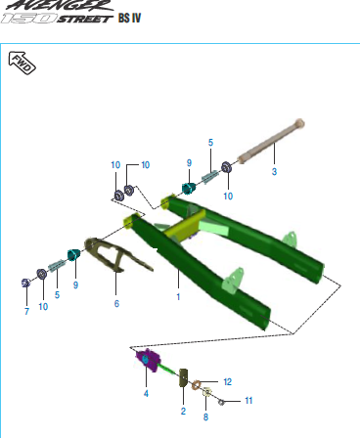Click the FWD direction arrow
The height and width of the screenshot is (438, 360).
[x=22, y=63]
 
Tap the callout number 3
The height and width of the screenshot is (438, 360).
[x=274, y=171]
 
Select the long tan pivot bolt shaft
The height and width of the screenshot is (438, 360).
[x=271, y=142]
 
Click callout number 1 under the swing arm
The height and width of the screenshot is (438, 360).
[x=178, y=296]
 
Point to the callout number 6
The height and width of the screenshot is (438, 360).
[x=116, y=303]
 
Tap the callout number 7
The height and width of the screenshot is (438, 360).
[x=26, y=311]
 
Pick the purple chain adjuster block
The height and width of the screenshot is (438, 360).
[x=148, y=360]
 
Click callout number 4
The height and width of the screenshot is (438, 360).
[x=146, y=393]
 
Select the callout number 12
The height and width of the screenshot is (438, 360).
[x=227, y=381]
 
